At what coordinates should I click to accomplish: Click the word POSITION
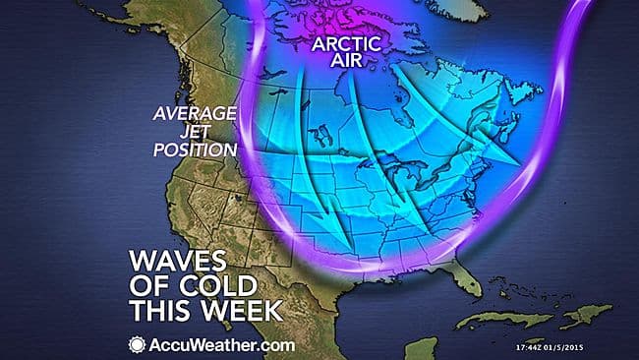(196, 150)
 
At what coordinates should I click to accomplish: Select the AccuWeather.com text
(217, 343)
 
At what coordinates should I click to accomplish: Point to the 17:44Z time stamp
(534, 346)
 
